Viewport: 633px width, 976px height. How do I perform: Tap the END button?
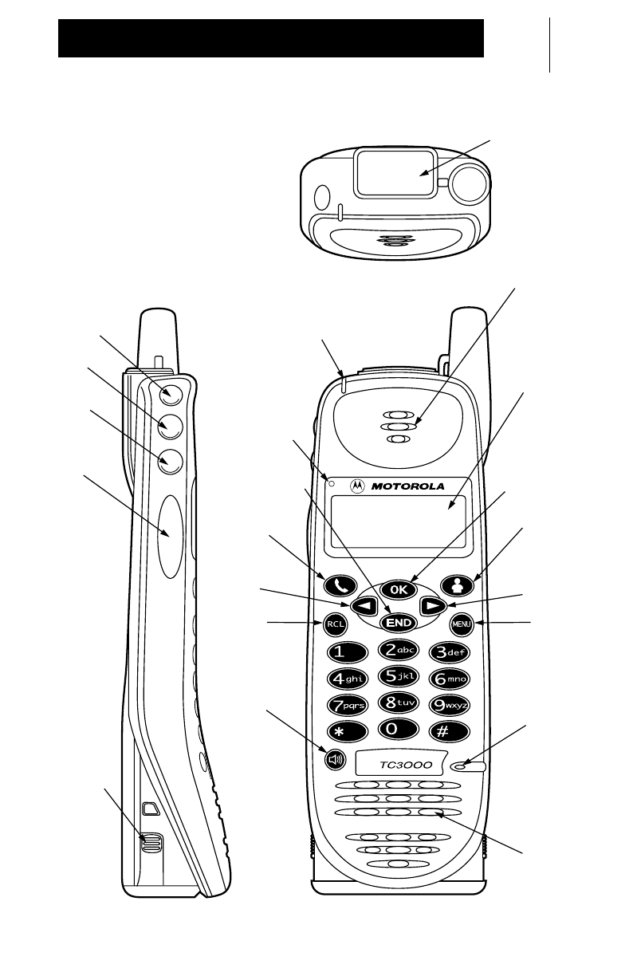pos(399,621)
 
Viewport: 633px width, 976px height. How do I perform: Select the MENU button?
pos(462,624)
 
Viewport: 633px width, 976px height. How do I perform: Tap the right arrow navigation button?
pos(431,605)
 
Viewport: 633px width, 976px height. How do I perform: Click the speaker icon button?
pos(335,760)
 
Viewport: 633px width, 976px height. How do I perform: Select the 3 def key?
pos(451,652)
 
